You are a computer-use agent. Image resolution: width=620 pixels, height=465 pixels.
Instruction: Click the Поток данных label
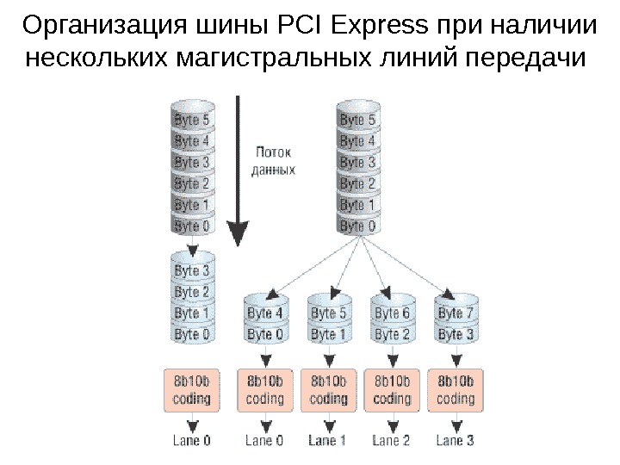tap(273, 161)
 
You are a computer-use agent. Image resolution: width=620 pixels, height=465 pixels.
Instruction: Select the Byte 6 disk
tap(392, 313)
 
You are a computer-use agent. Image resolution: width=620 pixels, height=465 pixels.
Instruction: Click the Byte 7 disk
tap(456, 313)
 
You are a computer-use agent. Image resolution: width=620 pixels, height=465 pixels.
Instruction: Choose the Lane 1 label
tap(328, 441)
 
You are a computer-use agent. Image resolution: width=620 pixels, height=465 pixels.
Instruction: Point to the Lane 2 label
tap(392, 441)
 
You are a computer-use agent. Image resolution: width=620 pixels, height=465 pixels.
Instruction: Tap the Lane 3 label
tap(456, 441)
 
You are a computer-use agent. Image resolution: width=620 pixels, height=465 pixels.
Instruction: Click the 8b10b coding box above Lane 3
tap(456, 389)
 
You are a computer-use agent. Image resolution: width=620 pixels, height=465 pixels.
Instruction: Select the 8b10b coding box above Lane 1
tap(328, 389)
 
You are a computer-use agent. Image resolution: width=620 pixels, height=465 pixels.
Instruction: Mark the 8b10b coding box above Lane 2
tap(392, 389)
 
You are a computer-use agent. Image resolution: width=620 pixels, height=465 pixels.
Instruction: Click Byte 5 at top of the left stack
tap(192, 120)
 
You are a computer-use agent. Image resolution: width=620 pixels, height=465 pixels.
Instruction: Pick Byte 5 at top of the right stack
tap(357, 120)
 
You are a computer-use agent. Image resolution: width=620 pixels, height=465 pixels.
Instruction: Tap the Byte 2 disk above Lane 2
tap(392, 334)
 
